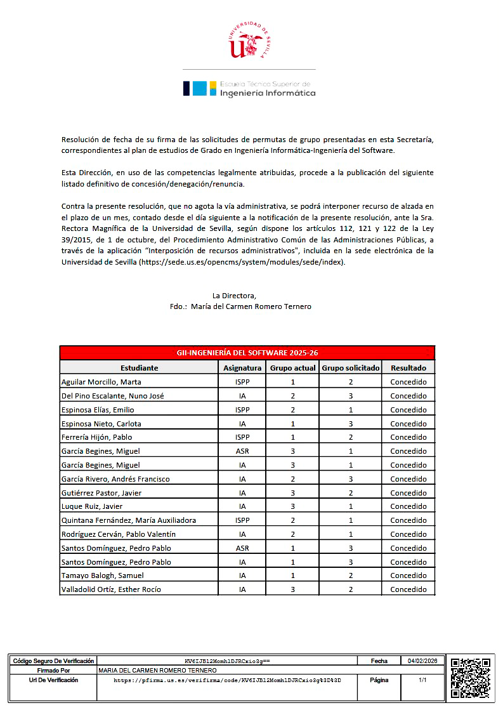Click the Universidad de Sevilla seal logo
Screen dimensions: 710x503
click(x=251, y=41)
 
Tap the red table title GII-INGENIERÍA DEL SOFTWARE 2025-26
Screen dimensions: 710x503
click(x=247, y=353)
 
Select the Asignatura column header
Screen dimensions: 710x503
click(x=242, y=368)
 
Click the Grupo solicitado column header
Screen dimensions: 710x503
click(x=351, y=368)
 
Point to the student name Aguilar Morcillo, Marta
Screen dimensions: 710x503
click(x=101, y=382)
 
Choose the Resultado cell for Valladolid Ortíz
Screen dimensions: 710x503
click(x=408, y=589)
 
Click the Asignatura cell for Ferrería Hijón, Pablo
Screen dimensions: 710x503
click(x=242, y=437)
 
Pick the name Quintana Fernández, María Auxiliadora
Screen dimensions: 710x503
click(x=128, y=520)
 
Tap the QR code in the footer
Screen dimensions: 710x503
click(x=471, y=678)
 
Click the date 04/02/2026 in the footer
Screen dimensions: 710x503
click(x=423, y=661)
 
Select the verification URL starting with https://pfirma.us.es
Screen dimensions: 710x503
click(x=227, y=680)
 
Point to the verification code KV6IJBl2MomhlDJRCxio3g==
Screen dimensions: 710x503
click(x=227, y=661)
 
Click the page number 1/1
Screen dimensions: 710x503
click(x=423, y=680)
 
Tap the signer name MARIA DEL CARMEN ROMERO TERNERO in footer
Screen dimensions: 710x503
click(x=158, y=670)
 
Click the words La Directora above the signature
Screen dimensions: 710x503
click(x=234, y=295)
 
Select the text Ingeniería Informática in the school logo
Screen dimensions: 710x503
click(x=267, y=93)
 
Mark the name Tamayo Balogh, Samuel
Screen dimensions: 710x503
click(x=102, y=575)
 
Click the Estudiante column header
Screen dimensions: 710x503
click(x=139, y=368)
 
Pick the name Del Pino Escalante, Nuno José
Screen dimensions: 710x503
click(x=112, y=396)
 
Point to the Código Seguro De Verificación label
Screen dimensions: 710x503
click(x=53, y=661)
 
